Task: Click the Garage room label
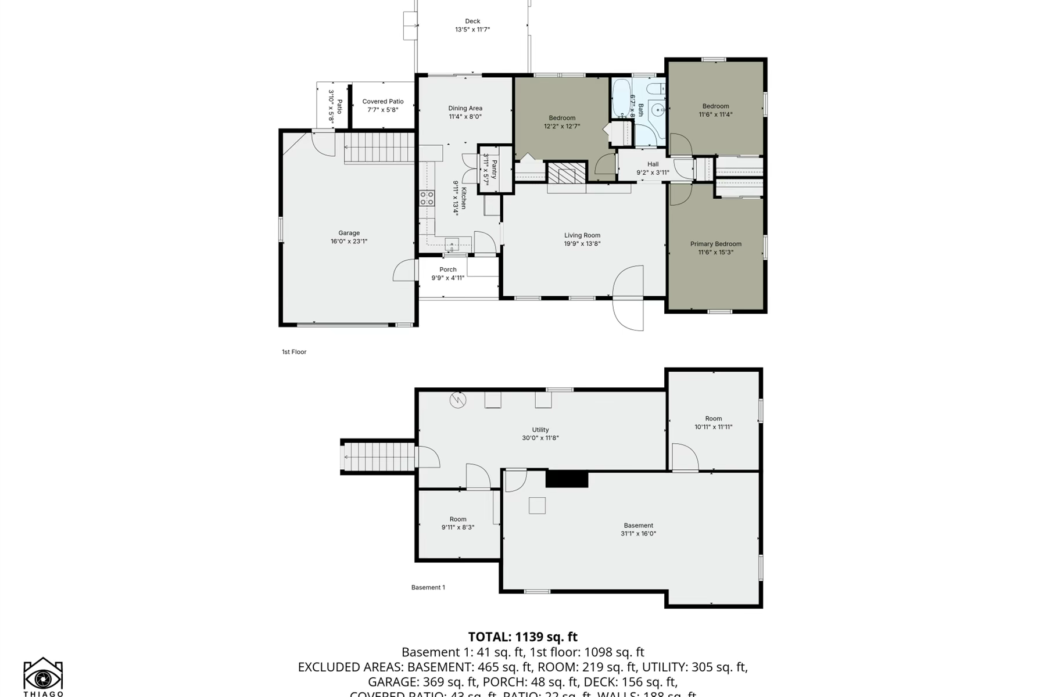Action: tap(349, 233)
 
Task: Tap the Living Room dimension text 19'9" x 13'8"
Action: tap(582, 244)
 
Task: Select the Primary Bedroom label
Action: tap(715, 244)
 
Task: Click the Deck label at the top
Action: tap(472, 21)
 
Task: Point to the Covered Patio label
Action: tap(382, 102)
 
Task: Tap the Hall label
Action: tap(653, 164)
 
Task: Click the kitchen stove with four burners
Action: tap(427, 198)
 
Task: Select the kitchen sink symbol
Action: tap(452, 245)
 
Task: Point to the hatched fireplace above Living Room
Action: tap(567, 173)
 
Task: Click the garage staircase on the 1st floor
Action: tap(379, 148)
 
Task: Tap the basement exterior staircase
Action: tap(379, 457)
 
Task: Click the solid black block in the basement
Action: tap(567, 479)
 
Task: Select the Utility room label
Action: tap(540, 430)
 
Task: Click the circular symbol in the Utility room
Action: tap(458, 400)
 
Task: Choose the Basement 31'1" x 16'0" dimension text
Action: tap(638, 534)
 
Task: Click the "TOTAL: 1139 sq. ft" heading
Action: tap(522, 637)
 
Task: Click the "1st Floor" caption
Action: tap(294, 352)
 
